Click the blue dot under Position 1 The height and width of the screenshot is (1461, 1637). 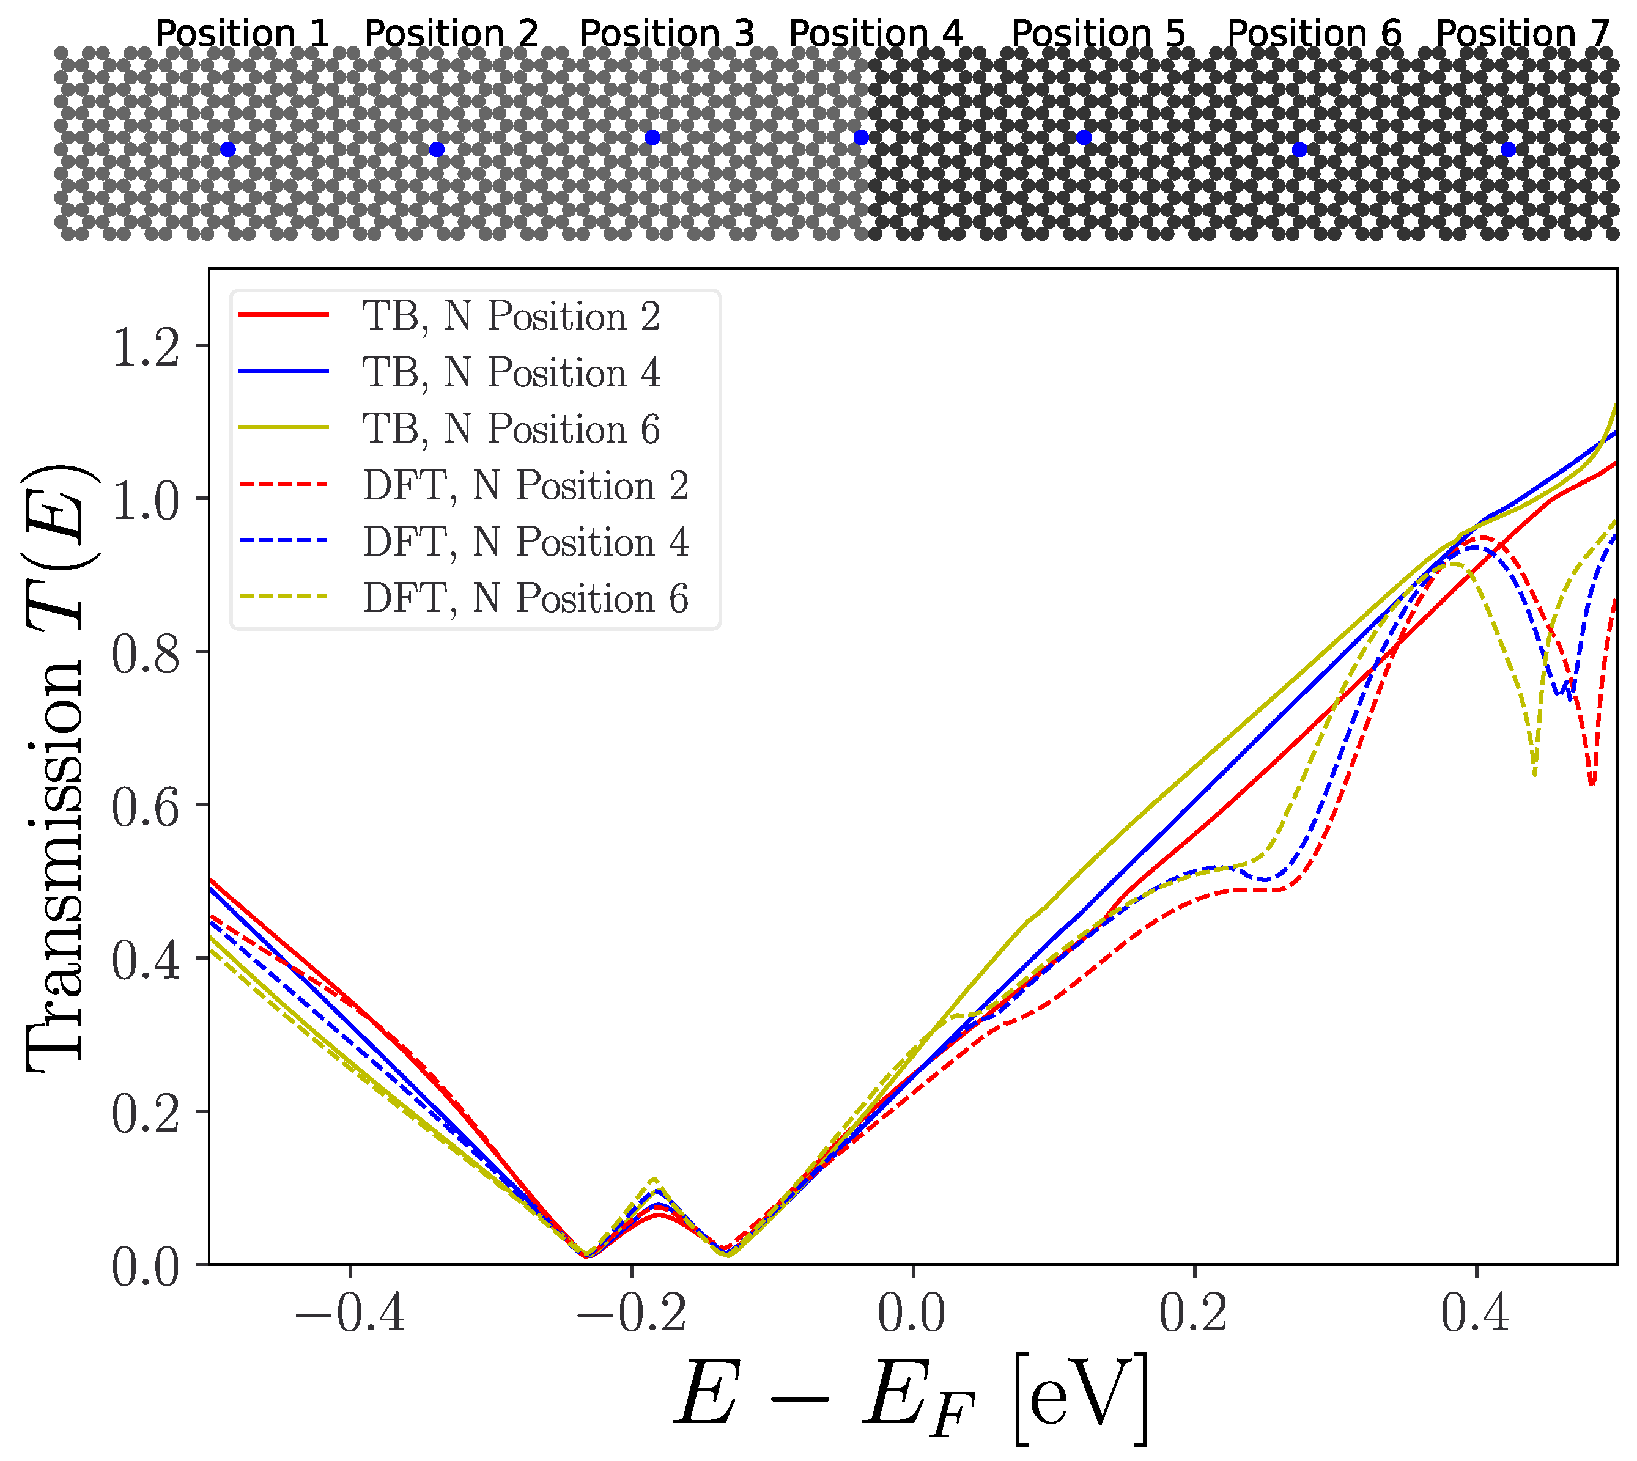[228, 149]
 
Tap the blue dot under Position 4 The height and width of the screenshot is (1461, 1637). [860, 138]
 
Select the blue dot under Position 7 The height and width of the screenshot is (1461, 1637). [1508, 149]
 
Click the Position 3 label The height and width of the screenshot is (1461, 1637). [667, 34]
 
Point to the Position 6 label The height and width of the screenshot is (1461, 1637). [1314, 34]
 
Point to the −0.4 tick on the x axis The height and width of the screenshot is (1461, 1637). [349, 1316]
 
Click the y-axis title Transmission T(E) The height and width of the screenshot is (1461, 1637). [56, 767]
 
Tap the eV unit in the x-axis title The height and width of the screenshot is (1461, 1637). [1081, 1399]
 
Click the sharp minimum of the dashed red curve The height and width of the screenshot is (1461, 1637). [1592, 784]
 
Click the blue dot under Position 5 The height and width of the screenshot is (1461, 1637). [1084, 138]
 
